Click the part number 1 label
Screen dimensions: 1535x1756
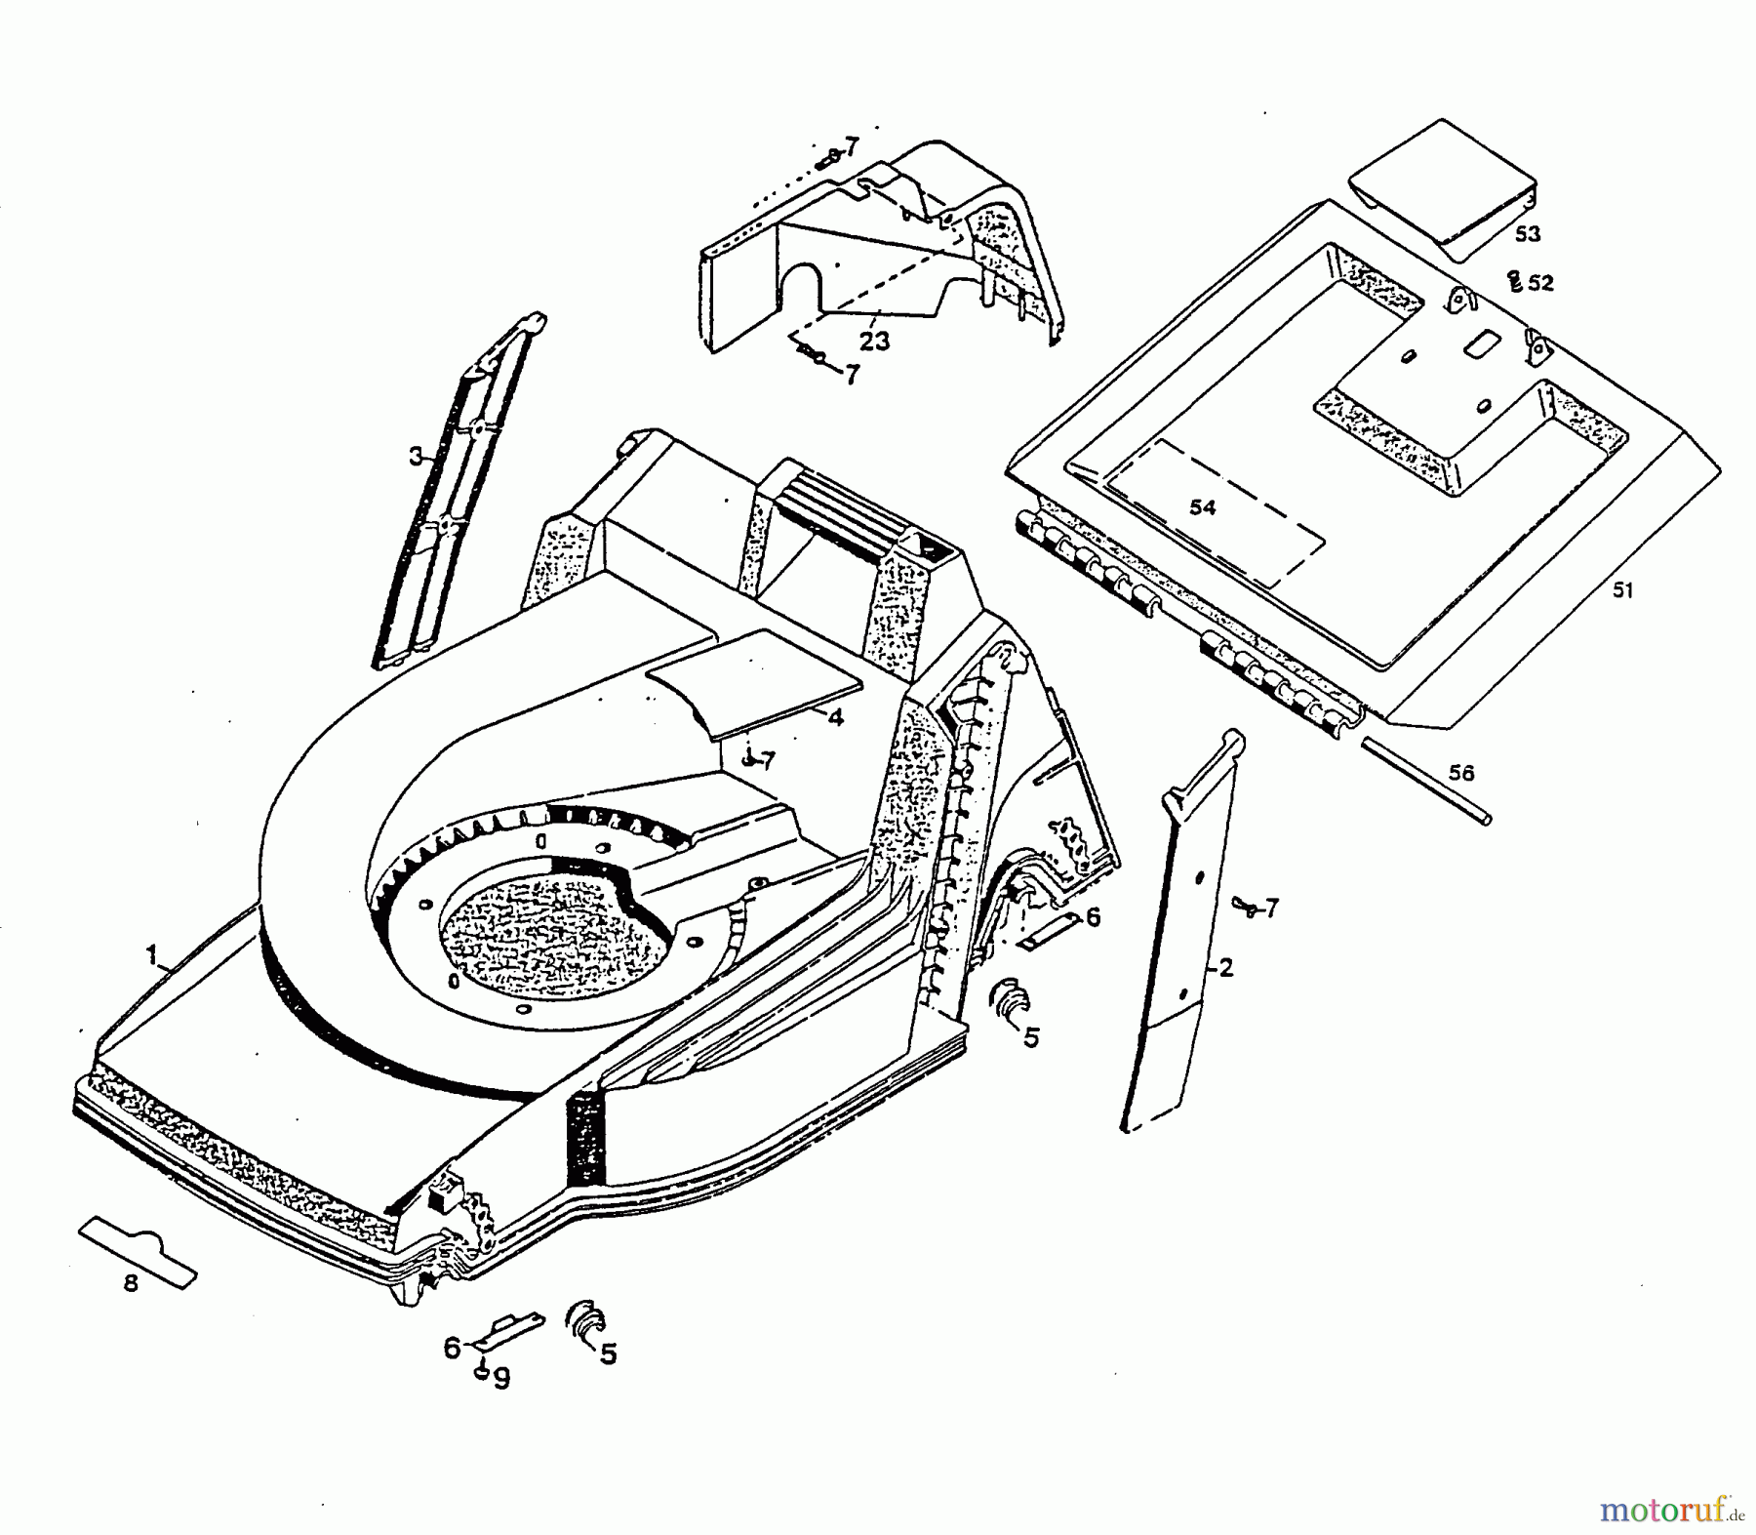point(151,955)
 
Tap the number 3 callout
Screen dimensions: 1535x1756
point(416,456)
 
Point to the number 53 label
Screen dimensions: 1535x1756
point(1527,234)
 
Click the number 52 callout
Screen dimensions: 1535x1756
point(1540,283)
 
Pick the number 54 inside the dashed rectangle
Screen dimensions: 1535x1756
point(1202,507)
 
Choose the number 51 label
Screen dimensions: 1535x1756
point(1621,590)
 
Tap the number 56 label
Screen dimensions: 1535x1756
point(1460,773)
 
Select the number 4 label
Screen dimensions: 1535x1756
point(835,717)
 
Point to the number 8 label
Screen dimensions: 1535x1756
point(131,1284)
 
